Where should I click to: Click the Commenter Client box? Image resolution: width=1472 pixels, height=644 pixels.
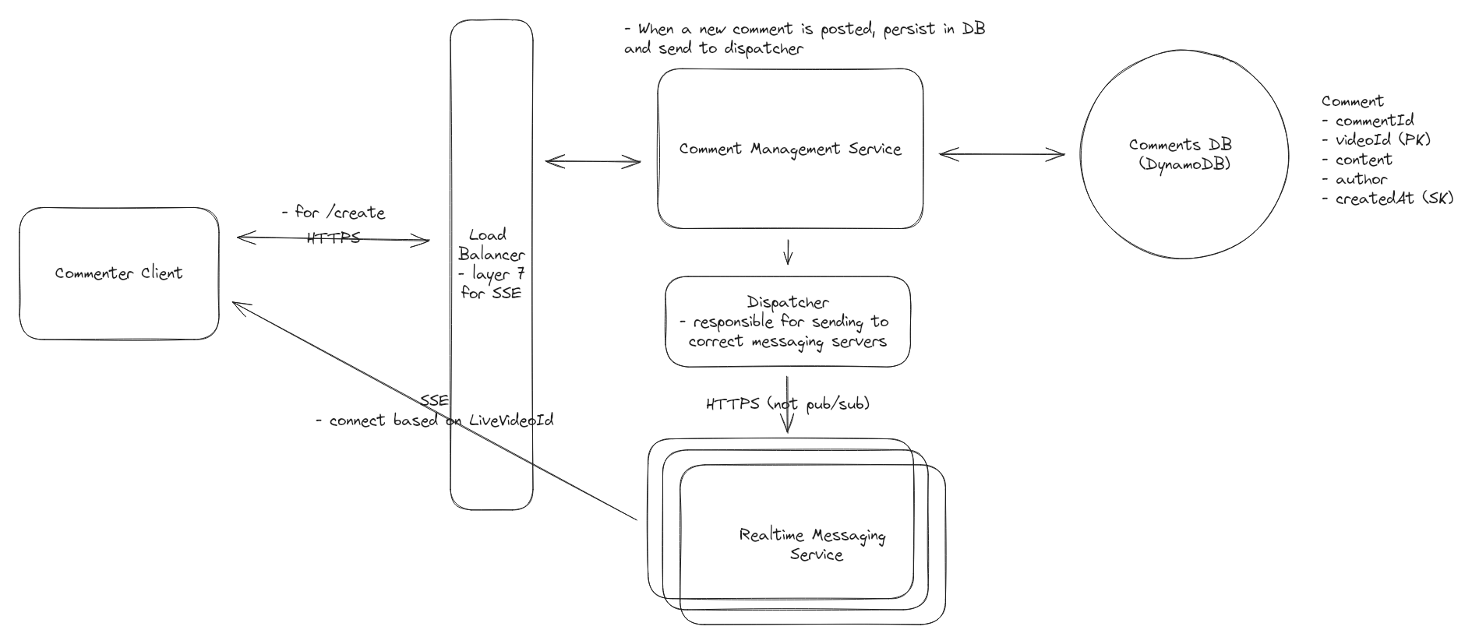point(118,273)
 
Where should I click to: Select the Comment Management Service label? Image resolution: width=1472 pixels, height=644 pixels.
point(789,149)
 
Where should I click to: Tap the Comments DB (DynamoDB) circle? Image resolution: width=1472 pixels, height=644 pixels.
point(1183,154)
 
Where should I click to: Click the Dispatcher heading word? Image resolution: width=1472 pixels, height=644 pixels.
point(787,302)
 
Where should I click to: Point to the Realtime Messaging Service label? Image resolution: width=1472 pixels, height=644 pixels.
point(812,544)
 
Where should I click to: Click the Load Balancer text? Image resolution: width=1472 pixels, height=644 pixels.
point(491,245)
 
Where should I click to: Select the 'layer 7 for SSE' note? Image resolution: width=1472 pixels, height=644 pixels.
point(491,284)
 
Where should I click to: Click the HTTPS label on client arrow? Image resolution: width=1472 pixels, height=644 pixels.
point(334,238)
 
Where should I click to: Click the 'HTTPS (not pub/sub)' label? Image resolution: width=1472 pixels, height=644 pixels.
point(787,403)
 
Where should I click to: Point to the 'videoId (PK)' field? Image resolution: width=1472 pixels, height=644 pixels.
point(1377,140)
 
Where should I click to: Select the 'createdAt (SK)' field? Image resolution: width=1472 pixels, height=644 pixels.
point(1388,199)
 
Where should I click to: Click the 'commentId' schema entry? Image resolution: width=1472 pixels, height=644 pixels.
point(1368,121)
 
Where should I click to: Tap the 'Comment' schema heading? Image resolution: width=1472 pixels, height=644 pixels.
point(1352,101)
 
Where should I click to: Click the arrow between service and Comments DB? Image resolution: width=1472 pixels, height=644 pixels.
point(1001,154)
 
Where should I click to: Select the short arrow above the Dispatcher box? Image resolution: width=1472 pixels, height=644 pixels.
point(787,252)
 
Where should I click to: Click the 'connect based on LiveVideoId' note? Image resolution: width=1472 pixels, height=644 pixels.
point(434,421)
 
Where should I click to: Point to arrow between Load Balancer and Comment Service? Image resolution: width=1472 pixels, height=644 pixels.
point(592,162)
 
